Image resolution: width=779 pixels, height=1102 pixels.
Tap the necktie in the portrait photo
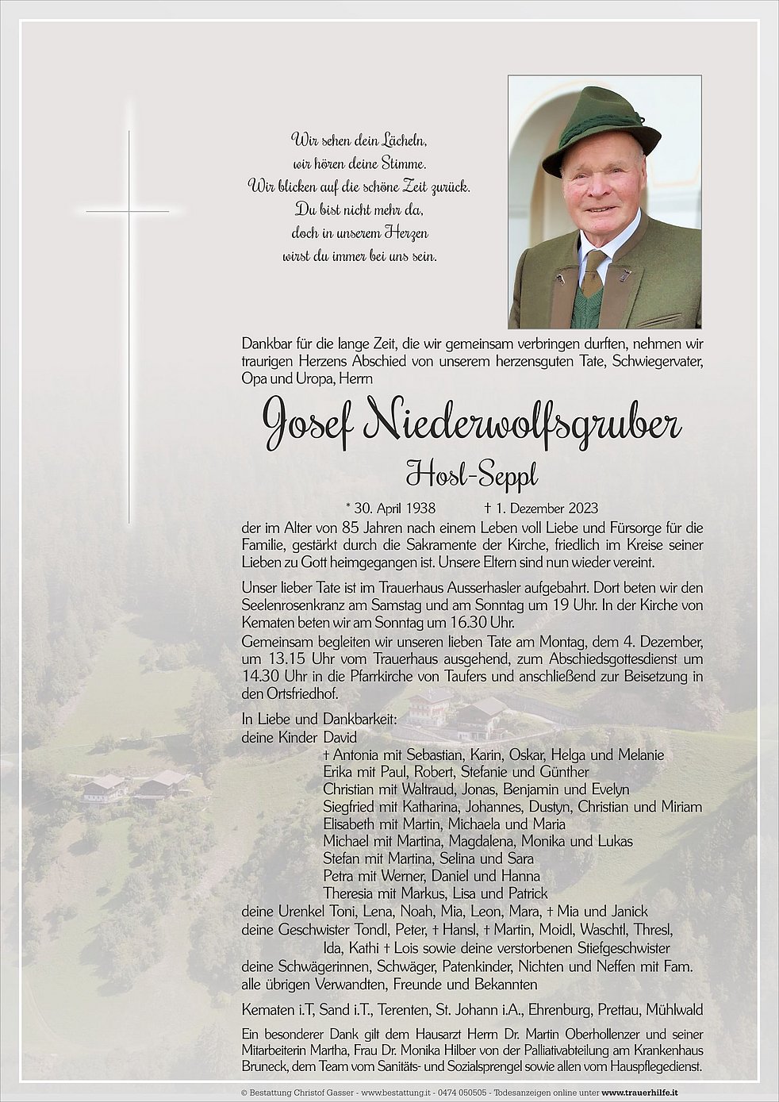[592, 275]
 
